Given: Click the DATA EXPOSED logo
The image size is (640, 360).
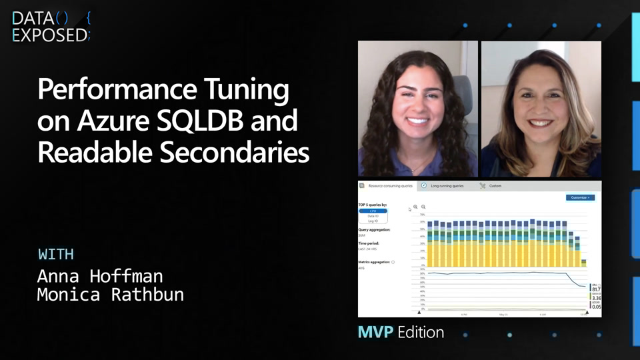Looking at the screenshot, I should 51,27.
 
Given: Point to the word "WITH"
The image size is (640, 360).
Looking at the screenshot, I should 55,254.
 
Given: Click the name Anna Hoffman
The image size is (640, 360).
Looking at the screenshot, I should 99,276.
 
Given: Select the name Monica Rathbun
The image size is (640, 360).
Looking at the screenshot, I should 110,295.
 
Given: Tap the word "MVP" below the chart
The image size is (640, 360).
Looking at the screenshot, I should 375,332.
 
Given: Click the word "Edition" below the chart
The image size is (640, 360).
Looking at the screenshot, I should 421,332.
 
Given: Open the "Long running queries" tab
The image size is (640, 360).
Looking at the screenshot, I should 447,186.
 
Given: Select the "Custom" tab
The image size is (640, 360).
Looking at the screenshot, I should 495,186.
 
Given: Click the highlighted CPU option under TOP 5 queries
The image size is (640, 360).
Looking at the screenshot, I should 373,211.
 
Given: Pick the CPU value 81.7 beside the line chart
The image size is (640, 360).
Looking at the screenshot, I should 596,289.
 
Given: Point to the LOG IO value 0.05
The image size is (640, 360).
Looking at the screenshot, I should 596,307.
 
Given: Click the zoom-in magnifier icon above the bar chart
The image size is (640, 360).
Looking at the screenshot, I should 415,207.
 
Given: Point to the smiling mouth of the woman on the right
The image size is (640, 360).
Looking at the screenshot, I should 540,123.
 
